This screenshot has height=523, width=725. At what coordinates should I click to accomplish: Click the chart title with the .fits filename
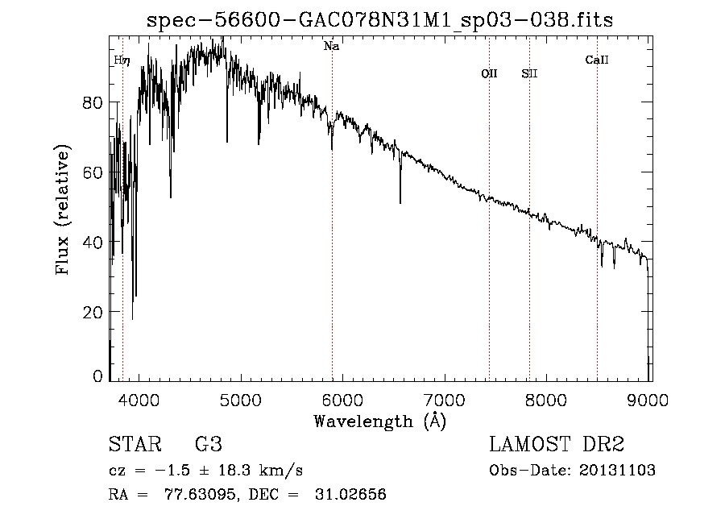379,20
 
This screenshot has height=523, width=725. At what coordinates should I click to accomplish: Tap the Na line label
331,47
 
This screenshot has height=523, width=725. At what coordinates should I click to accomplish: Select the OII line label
489,74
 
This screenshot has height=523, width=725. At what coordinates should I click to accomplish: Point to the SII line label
529,74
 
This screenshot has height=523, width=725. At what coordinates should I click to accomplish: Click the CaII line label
596,60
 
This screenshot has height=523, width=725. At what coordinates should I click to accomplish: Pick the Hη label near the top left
122,60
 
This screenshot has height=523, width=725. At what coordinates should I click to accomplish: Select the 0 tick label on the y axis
97,376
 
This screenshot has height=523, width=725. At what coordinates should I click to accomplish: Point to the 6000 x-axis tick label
343,400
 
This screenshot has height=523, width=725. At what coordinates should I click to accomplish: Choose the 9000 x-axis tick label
650,400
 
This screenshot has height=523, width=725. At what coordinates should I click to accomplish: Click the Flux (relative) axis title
63,210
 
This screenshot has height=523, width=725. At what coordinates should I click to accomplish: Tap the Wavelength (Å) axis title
379,421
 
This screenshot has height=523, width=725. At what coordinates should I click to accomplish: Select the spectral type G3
208,445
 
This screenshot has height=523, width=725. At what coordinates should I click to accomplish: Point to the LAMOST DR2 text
557,445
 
